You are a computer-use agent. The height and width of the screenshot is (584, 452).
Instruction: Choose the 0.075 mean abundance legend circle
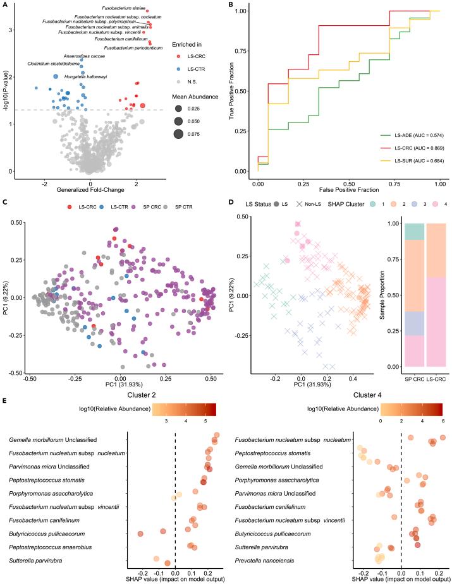pos(178,133)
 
